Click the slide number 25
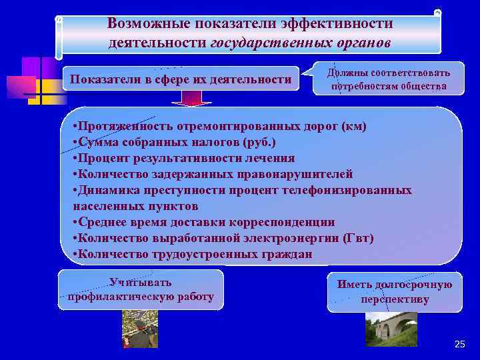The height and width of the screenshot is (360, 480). click(459, 344)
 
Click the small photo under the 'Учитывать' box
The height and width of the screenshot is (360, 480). click(139, 329)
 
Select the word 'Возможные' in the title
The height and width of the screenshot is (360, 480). click(148, 23)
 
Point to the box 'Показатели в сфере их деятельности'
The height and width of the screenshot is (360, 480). click(181, 81)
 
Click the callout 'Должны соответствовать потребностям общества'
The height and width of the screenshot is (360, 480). click(389, 80)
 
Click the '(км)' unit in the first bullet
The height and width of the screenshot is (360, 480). click(353, 127)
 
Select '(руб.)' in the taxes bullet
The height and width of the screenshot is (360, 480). click(253, 143)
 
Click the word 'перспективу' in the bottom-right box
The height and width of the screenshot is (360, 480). click(395, 300)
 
